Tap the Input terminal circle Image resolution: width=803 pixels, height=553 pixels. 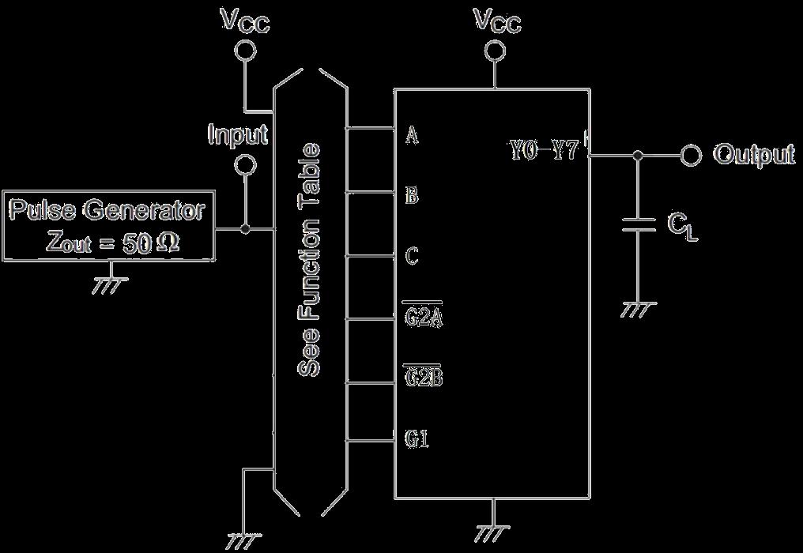[246, 165]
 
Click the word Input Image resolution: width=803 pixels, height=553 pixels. [238, 134]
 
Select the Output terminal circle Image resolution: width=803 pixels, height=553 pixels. [692, 155]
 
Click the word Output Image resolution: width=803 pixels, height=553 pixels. [754, 155]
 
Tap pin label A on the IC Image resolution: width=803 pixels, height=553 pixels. [412, 135]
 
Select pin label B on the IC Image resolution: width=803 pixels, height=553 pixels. [412, 196]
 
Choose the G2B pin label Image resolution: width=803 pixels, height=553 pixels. [423, 378]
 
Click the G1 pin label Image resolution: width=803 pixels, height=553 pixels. [417, 438]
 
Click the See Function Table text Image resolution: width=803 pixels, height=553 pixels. [310, 261]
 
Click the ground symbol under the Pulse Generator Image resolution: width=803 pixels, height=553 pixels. [110, 284]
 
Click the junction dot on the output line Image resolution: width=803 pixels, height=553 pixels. [639, 156]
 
